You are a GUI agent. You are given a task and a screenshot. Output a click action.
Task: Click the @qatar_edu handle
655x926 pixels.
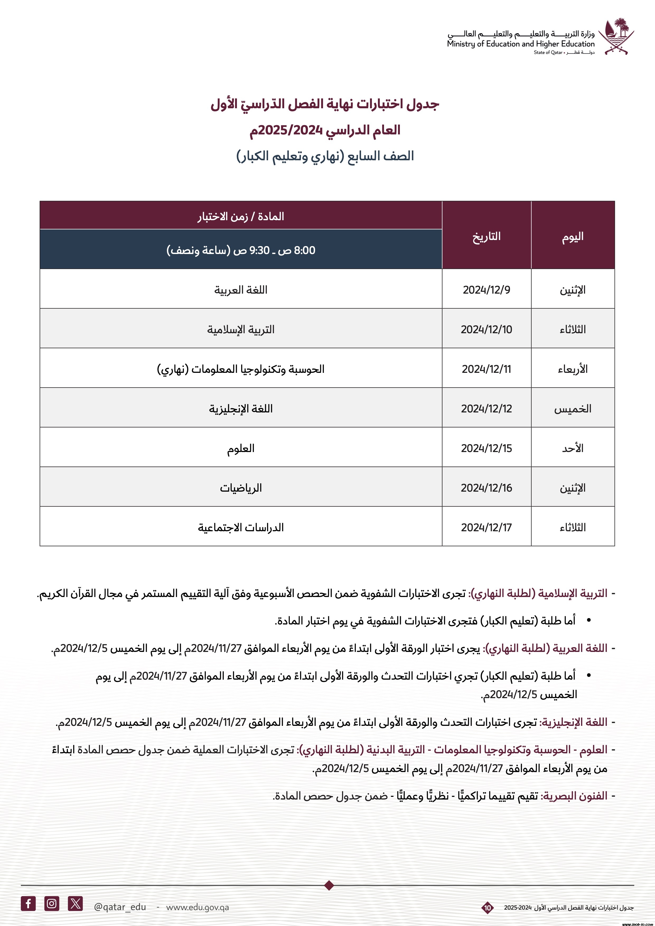pyautogui.click(x=120, y=907)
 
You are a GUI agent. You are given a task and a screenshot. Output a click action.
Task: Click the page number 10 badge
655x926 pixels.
pyautogui.click(x=488, y=908)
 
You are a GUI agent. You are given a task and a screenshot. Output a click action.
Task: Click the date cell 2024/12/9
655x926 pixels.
pyautogui.click(x=486, y=290)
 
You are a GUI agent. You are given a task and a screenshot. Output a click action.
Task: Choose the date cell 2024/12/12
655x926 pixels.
pyautogui.click(x=486, y=408)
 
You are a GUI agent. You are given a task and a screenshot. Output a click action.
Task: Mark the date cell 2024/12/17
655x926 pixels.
pyautogui.click(x=486, y=527)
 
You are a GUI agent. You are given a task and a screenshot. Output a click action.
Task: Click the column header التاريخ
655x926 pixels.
pyautogui.click(x=486, y=236)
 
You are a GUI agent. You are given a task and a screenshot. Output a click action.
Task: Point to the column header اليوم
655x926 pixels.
pyautogui.click(x=573, y=236)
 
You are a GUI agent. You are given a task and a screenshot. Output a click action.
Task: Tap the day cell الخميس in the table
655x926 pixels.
pyautogui.click(x=573, y=408)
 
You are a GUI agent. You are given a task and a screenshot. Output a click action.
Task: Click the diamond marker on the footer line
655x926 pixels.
pyautogui.click(x=329, y=885)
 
